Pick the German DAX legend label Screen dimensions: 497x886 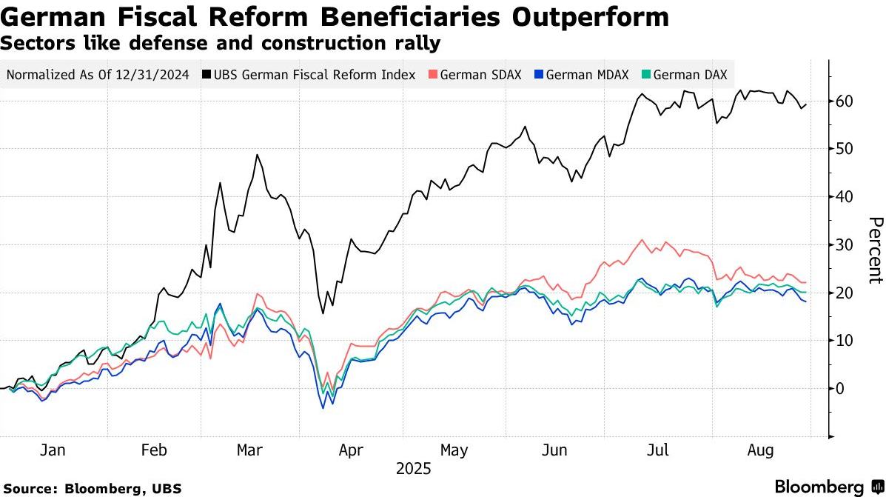690,75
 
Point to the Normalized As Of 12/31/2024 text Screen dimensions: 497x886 97,75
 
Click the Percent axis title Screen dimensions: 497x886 875,250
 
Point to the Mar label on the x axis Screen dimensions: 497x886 249,450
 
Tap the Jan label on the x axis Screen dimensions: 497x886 53,450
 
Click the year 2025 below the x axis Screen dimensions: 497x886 413,469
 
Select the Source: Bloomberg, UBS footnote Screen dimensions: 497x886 91,488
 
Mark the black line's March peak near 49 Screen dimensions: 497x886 257,155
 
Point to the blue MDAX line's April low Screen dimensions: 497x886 323,407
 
